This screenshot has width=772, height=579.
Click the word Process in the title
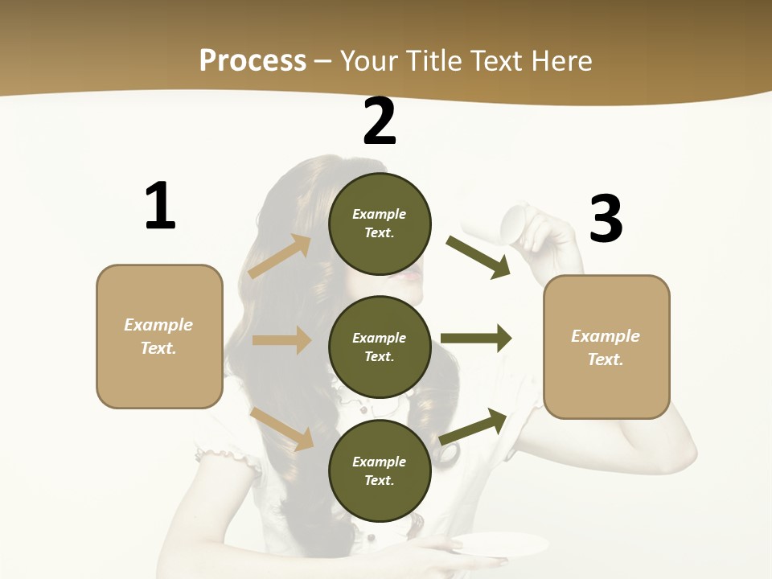coord(253,60)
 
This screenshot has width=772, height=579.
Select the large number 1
coord(160,207)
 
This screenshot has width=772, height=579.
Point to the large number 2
coord(380,121)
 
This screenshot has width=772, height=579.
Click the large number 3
coord(606,220)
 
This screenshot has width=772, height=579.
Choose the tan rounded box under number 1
coord(159,336)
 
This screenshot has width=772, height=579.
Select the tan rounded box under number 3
coord(606,347)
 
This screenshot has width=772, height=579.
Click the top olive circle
coord(380,223)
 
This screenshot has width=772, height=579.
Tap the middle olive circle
coord(380,347)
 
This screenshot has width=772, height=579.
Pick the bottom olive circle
coord(380,470)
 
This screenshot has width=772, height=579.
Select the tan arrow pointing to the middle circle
coord(281,340)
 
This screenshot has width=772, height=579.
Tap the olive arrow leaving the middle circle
coord(476,339)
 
